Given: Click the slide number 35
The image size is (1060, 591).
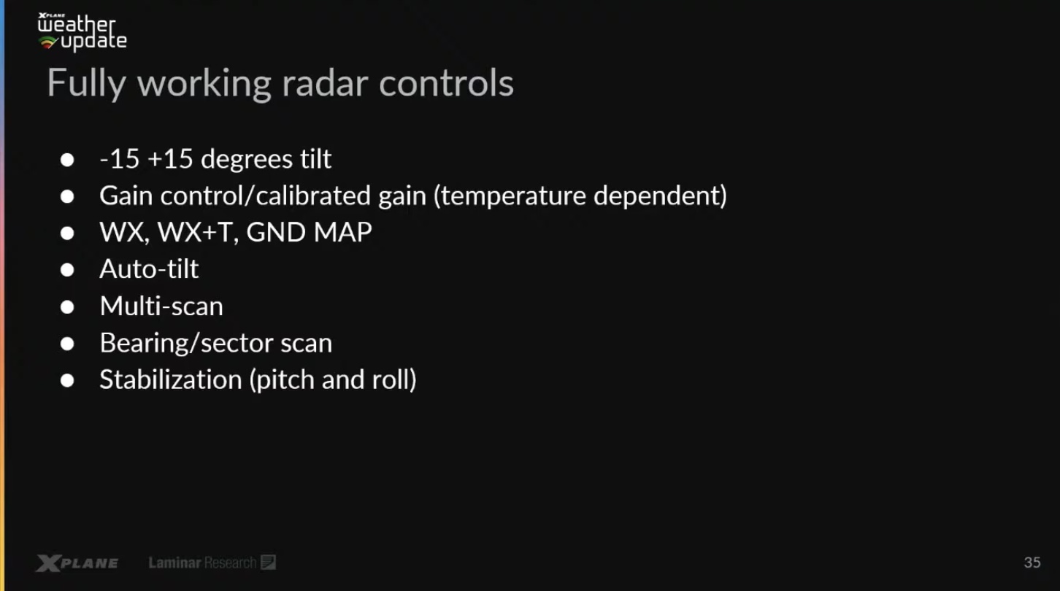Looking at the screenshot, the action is coord(1032,562).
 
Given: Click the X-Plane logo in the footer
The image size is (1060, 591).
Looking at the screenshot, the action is coord(77,563).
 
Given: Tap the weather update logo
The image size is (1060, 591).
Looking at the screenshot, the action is coord(82,31).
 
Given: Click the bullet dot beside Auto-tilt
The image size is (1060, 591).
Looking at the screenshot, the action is coord(67,270).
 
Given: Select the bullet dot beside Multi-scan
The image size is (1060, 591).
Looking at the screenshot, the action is coord(67,307).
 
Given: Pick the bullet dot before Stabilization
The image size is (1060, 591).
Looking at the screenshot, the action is coord(67,380).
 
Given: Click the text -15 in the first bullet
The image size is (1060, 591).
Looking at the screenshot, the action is coord(120,159).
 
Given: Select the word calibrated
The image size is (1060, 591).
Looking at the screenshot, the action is coord(313,196).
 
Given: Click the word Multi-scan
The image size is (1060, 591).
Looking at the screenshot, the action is coord(161,306).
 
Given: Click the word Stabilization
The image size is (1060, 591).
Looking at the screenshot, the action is coord(171,379).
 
